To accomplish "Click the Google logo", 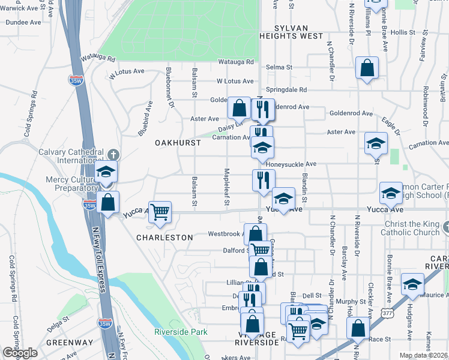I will coord(20,353).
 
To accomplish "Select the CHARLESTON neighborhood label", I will coord(164,238).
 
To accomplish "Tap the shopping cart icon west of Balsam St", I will coord(160,212).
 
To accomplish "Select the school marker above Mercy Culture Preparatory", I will coord(106,172).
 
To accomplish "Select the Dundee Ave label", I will coord(23,22).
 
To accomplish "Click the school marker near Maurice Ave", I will coord(413,286).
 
